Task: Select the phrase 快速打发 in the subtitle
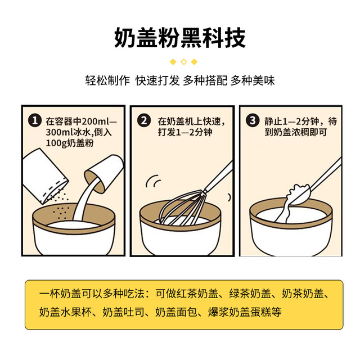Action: coord(157,80)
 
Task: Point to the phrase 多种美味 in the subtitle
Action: coord(252,80)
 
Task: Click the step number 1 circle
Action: coord(35,121)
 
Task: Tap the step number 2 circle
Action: coord(145,121)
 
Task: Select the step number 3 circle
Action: coord(254,121)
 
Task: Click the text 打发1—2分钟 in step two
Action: coord(184,133)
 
